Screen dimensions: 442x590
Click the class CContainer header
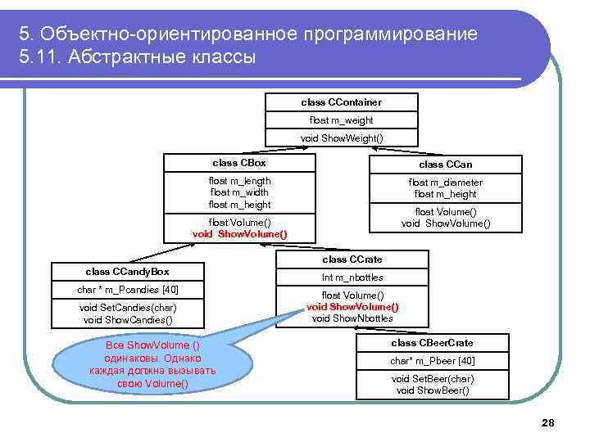coord(341,102)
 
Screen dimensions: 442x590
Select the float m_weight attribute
coord(341,120)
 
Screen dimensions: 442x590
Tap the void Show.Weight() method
coord(341,138)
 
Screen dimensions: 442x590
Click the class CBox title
coord(239,163)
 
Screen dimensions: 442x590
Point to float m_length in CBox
coord(239,181)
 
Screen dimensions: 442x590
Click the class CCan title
coord(446,165)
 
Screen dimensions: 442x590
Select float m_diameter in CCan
coord(446,183)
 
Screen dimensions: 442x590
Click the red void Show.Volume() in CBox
coord(239,233)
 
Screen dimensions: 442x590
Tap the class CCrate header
coord(352,259)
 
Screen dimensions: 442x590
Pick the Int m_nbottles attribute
coord(352,277)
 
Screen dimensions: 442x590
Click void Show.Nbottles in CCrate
coord(352,318)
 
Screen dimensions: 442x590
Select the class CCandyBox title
coord(127,271)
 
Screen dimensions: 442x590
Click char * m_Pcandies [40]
coord(127,290)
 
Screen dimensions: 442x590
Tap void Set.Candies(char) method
coord(127,308)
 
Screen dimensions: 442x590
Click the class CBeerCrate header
coord(432,343)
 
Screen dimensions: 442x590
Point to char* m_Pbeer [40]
coord(432,361)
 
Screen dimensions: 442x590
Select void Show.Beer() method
coord(432,390)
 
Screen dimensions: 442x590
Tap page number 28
coord(548,422)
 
